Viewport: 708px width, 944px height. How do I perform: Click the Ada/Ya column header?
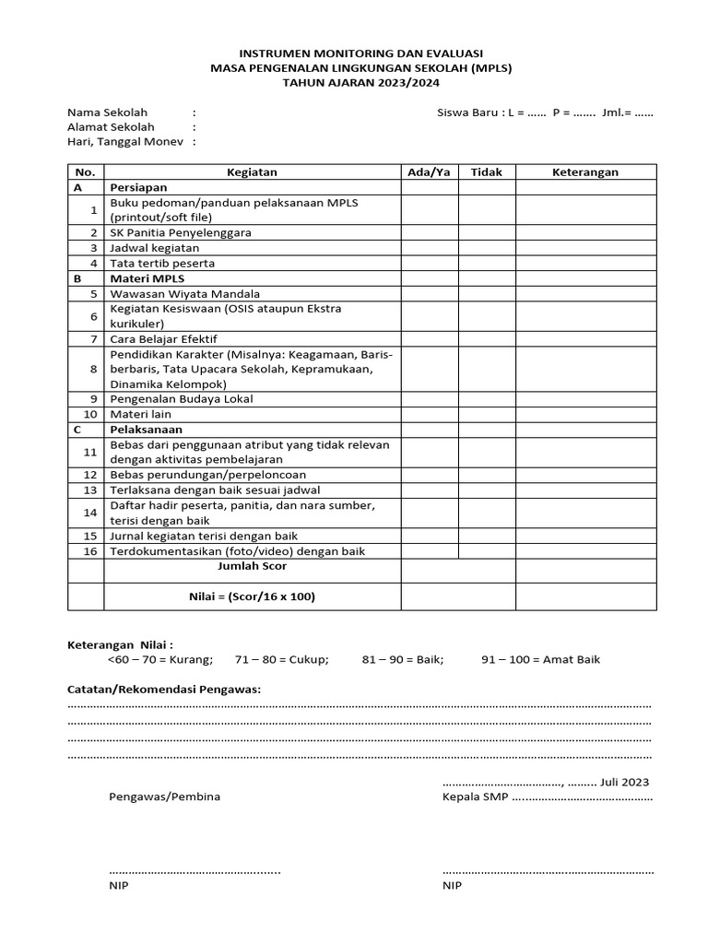[x=430, y=172]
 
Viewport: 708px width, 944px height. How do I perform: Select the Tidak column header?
[x=487, y=172]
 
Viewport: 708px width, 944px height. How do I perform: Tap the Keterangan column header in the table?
[x=585, y=172]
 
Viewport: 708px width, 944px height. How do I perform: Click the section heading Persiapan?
[x=138, y=187]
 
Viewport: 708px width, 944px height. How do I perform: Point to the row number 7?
[x=93, y=339]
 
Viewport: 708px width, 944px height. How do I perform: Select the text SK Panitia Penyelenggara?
[x=181, y=233]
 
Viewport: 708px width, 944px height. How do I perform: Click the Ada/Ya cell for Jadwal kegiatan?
[x=430, y=248]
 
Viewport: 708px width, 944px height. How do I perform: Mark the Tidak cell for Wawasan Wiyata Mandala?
[x=487, y=294]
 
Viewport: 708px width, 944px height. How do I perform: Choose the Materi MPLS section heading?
[x=147, y=278]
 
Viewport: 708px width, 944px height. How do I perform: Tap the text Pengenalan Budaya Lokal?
[x=182, y=399]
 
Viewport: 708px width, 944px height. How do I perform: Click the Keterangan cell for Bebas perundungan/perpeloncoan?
[x=585, y=475]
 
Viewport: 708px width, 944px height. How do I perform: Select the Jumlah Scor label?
[x=252, y=567]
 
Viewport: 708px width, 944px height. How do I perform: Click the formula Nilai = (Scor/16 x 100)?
[x=252, y=596]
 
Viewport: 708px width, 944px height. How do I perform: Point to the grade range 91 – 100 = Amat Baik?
[x=540, y=660]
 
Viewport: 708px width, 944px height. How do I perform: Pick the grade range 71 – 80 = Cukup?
[x=281, y=660]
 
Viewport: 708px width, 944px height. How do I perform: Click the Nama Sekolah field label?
[x=107, y=112]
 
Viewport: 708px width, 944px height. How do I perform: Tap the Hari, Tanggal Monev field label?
[x=125, y=142]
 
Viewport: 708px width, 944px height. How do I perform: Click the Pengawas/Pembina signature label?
[x=164, y=796]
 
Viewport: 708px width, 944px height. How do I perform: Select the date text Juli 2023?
[x=624, y=782]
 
